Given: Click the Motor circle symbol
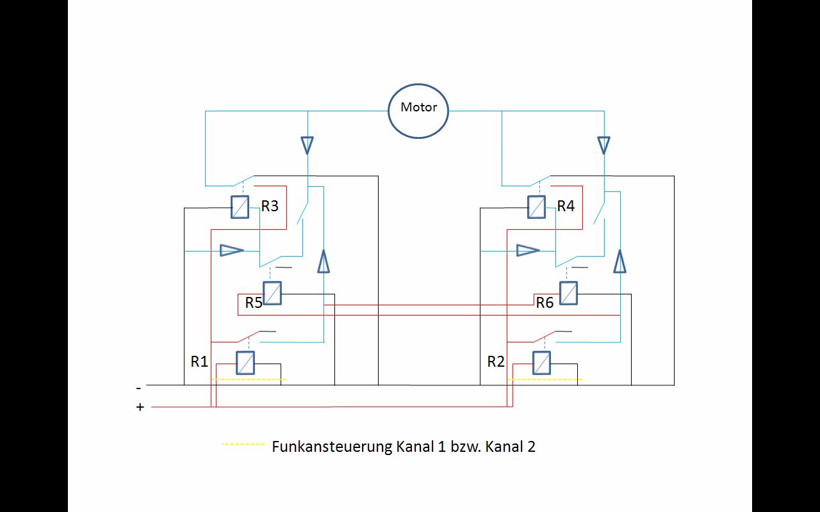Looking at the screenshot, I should tap(418, 110).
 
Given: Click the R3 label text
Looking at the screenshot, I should tap(270, 206).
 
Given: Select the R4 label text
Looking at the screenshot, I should tap(566, 206).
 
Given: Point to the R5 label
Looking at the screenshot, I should tap(254, 303).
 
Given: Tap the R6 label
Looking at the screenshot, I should tap(545, 303).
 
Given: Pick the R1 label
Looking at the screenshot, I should tap(199, 362).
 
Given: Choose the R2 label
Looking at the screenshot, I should tap(496, 362).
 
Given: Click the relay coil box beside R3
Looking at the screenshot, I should tap(240, 207).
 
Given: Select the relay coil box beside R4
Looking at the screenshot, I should tap(536, 207).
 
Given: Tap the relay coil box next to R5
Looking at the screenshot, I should tap(272, 293).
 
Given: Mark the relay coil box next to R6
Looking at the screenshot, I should tap(568, 293).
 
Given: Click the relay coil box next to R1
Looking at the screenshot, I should tap(245, 363).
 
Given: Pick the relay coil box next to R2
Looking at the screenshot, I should tap(541, 363).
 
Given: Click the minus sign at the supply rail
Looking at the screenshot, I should tap(138, 388).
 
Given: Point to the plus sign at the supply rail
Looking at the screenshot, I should tap(140, 407).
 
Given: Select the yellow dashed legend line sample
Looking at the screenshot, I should tap(243, 444).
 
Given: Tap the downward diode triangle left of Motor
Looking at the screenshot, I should tap(307, 145).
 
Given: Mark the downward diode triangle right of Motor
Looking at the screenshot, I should tap(603, 145).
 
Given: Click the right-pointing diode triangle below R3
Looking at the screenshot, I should tap(231, 250).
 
